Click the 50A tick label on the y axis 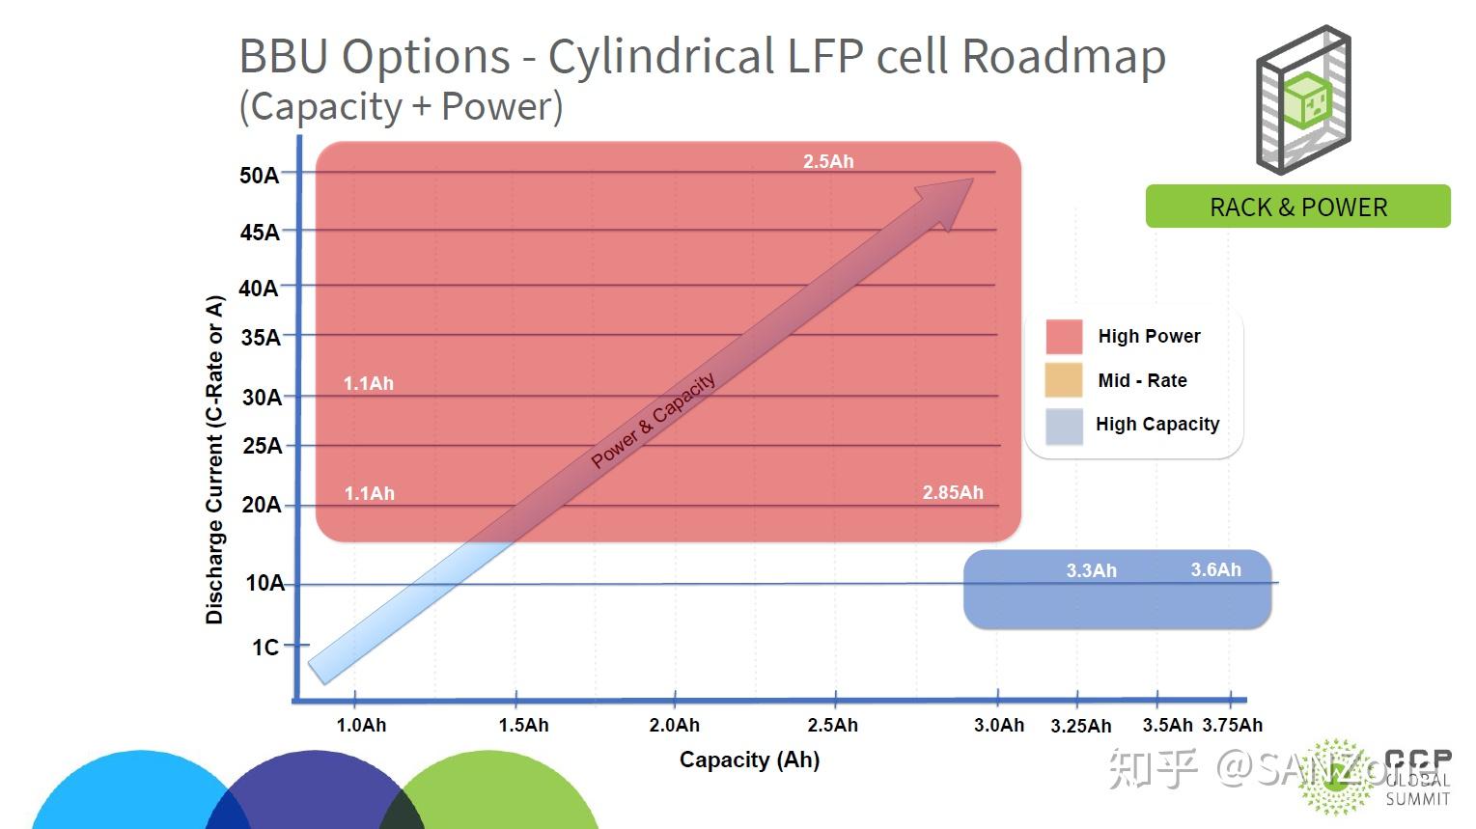[x=259, y=175]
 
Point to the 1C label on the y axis [x=265, y=647]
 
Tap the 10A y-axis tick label [x=265, y=583]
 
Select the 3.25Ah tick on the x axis [x=1080, y=726]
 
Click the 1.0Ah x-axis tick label [x=361, y=725]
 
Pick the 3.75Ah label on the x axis [x=1232, y=725]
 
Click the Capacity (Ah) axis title [x=749, y=760]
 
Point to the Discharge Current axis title [x=214, y=459]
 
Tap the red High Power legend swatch [x=1064, y=337]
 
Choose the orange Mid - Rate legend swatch [x=1064, y=380]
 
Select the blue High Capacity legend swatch [x=1064, y=426]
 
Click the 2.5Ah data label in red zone [x=828, y=161]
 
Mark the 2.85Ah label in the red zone [x=953, y=492]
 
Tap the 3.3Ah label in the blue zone [x=1091, y=570]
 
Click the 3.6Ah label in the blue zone [x=1215, y=569]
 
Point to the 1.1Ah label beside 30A [x=369, y=383]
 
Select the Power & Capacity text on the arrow [x=654, y=420]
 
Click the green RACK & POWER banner [x=1297, y=207]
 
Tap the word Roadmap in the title [x=1064, y=56]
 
